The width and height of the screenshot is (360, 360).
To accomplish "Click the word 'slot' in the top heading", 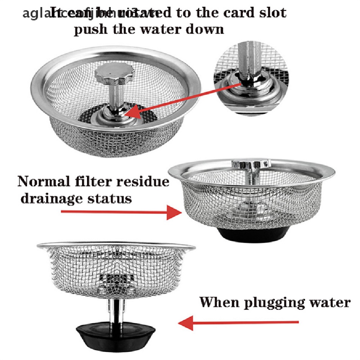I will coord(272,13).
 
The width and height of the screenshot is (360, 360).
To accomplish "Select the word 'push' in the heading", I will coord(89,29).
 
